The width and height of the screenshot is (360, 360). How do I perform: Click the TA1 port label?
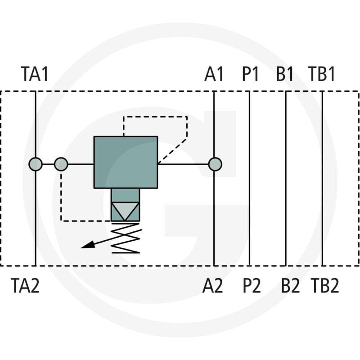click(35, 74)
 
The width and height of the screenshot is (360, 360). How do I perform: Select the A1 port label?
click(214, 74)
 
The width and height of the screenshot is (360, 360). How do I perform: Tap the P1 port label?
click(251, 74)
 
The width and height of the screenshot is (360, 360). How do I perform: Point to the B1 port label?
click(285, 74)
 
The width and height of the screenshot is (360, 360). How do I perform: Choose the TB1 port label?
click(322, 74)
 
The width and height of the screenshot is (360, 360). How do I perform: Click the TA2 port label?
click(25, 285)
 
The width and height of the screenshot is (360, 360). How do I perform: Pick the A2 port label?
click(212, 285)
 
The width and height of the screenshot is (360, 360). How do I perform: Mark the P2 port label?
click(252, 285)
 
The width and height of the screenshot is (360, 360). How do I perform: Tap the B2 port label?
click(290, 285)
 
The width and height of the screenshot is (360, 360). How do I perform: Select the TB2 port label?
click(325, 285)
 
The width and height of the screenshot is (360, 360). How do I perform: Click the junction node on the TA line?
click(36, 164)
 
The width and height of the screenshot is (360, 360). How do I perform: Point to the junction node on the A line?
click(215, 164)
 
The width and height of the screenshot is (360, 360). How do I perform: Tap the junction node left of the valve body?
click(61, 164)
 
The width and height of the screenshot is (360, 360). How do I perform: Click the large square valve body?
click(126, 162)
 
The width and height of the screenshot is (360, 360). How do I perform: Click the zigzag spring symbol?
click(126, 238)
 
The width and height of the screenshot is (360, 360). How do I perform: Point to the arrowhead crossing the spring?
click(88, 245)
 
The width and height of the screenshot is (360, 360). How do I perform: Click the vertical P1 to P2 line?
click(250, 178)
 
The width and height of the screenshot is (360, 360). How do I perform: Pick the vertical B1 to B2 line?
click(286, 178)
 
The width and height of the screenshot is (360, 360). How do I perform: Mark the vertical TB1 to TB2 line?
click(322, 178)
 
